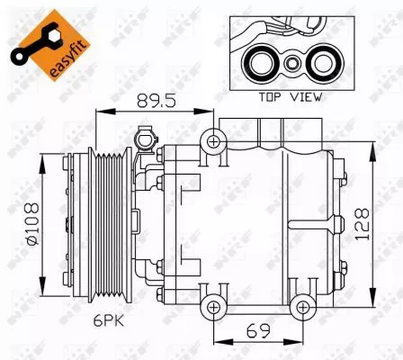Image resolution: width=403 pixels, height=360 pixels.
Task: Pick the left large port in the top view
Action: pos(263,63)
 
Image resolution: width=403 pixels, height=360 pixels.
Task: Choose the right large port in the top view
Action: pos(319,63)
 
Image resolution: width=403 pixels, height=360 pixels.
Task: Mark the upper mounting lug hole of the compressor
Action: pos(213,139)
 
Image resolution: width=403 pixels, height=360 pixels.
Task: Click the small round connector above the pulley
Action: pos(140,138)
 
